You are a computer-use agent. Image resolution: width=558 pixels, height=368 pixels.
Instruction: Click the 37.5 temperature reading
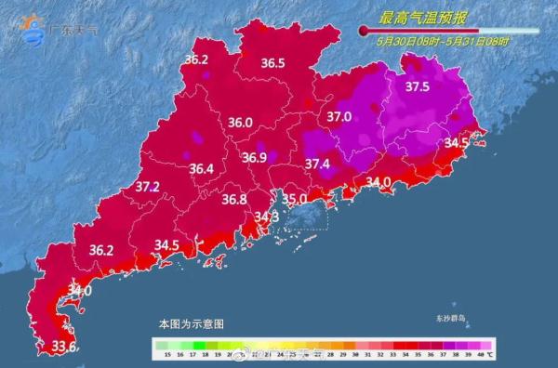(x=418, y=86)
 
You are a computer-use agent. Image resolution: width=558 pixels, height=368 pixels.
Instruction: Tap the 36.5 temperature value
(x=272, y=63)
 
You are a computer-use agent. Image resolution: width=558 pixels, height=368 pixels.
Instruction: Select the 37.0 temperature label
(x=339, y=117)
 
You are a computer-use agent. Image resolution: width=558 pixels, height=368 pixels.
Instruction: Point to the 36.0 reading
(x=241, y=123)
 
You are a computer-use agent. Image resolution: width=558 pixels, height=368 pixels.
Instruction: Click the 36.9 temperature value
(x=255, y=158)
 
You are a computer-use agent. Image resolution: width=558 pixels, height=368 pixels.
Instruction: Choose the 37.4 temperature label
(x=318, y=164)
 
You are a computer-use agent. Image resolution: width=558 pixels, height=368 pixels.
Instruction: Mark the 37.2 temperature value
(x=148, y=187)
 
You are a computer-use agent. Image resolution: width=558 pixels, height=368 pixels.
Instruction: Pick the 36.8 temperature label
(x=234, y=199)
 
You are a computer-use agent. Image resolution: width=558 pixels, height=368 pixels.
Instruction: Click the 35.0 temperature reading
(x=294, y=199)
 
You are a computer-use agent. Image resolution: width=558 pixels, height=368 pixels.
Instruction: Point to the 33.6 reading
(x=63, y=347)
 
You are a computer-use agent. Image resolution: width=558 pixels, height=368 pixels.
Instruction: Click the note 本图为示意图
(x=191, y=324)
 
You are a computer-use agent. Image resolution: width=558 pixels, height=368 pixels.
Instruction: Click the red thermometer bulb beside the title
(x=365, y=31)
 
